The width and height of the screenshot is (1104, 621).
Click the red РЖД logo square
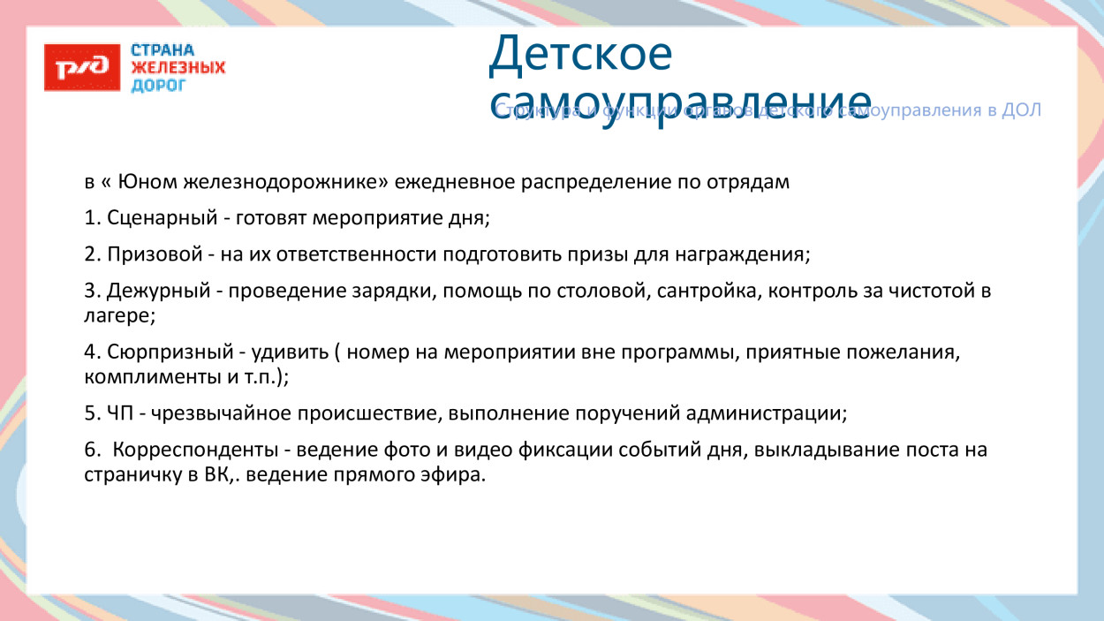[x=82, y=67]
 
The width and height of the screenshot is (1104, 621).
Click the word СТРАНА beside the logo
[x=163, y=51]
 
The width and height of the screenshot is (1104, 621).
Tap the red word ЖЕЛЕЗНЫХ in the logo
[x=178, y=68]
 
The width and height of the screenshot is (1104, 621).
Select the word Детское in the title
[x=580, y=55]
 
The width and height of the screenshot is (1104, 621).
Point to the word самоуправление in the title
[x=680, y=99]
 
